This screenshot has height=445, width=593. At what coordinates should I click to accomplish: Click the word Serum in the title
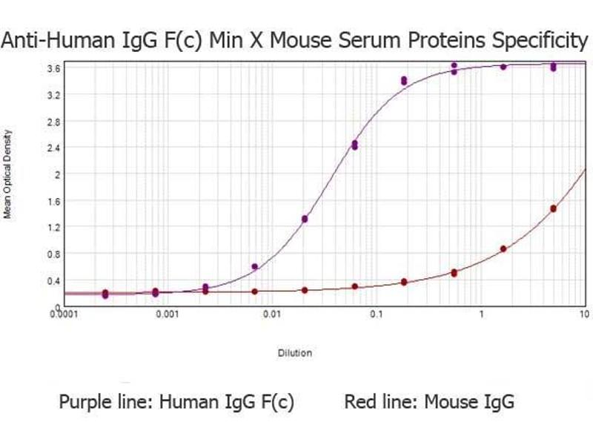[362, 40]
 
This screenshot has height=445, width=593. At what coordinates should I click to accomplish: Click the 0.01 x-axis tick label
[274, 314]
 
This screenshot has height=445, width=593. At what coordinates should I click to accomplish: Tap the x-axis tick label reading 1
[481, 314]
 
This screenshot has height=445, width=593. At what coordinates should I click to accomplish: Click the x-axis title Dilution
[295, 353]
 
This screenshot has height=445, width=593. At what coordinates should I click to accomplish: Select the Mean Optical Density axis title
[8, 174]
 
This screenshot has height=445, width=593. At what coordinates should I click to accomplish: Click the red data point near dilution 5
[553, 209]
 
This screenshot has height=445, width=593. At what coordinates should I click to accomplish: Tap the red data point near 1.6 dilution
[503, 249]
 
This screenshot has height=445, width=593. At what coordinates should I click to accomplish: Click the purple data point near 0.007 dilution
[255, 266]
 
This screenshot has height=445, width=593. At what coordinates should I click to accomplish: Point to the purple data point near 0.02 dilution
[305, 219]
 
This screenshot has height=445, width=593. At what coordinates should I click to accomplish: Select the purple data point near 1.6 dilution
[503, 67]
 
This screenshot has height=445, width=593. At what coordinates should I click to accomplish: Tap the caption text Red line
[379, 403]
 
